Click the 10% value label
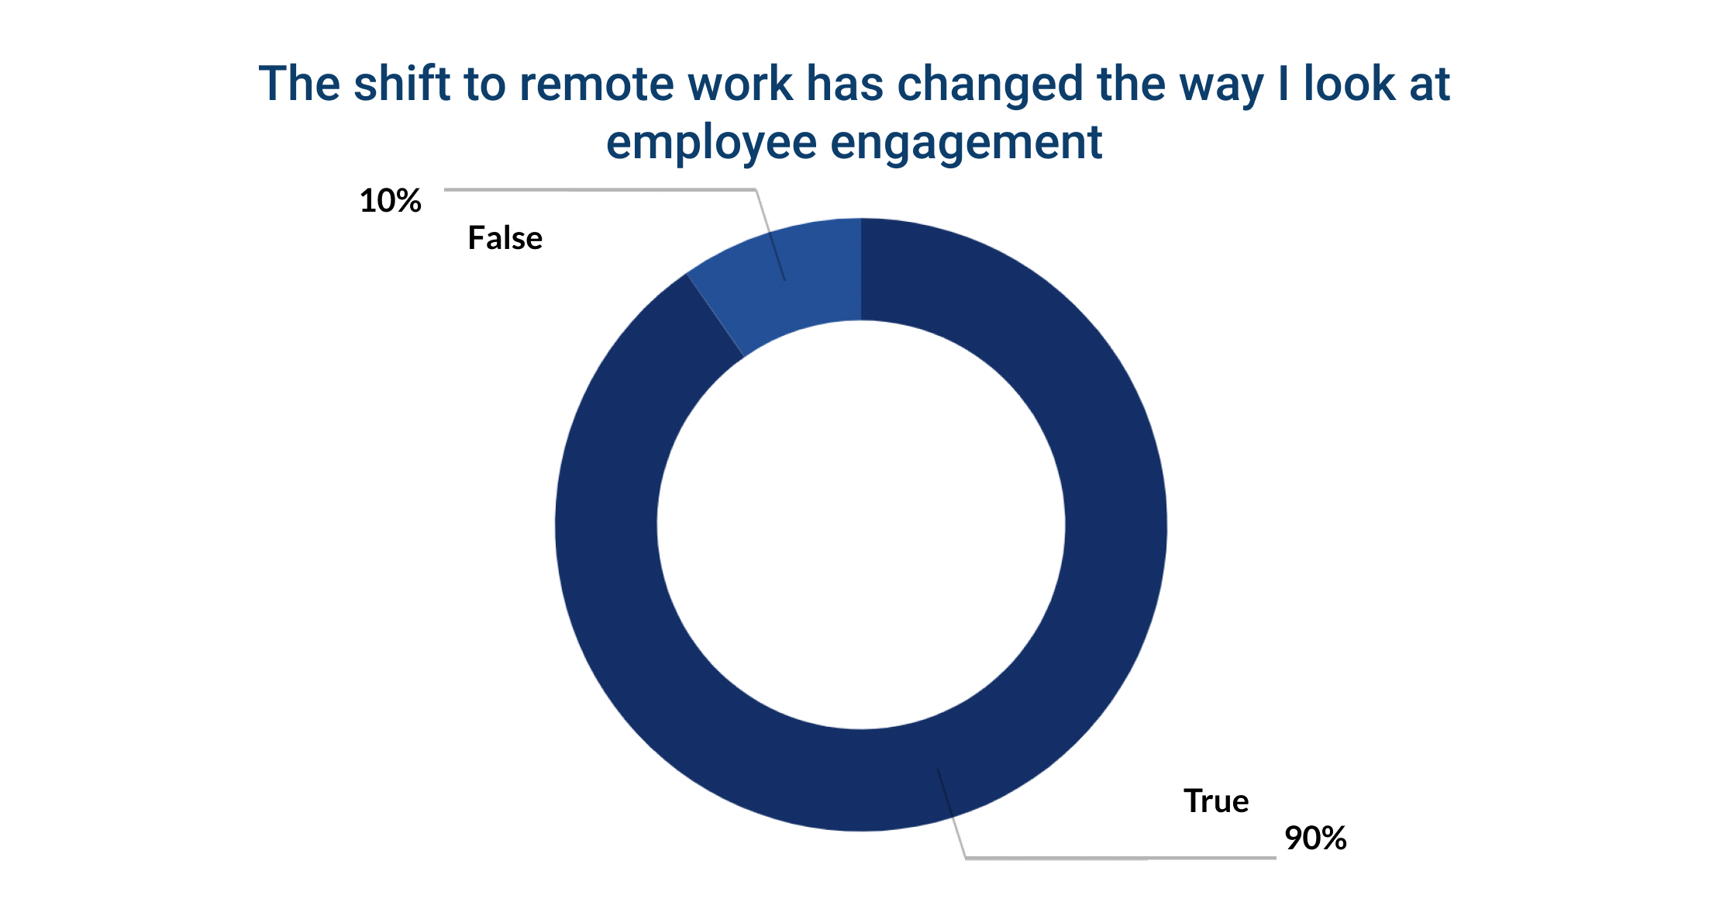pos(390,201)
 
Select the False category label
pos(505,238)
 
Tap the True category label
pos(1215,801)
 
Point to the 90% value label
pos(1315,838)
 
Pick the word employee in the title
pos(711,143)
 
